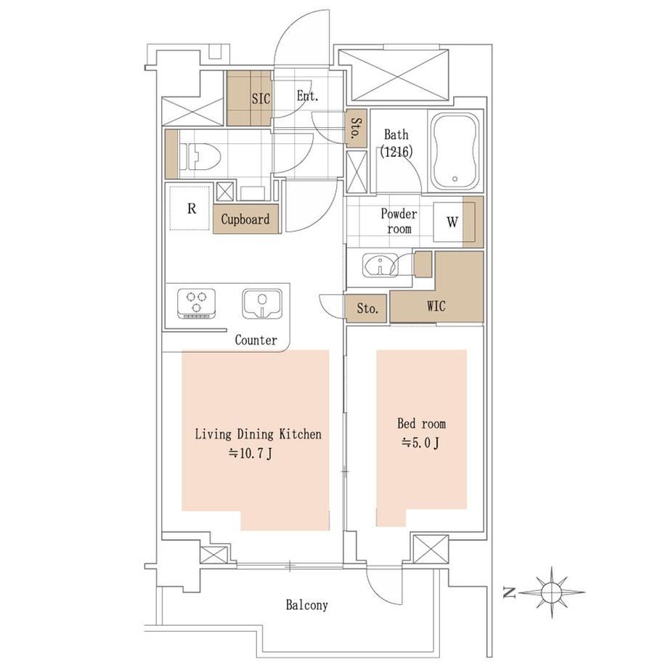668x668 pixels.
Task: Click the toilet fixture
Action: coord(200,156)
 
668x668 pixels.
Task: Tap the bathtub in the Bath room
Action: coord(455,151)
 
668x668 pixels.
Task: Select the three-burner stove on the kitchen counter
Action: coord(196,304)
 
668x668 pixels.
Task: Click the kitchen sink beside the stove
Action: coord(262,304)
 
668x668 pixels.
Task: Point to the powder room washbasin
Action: coord(380,265)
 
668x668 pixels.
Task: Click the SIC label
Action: coord(261,99)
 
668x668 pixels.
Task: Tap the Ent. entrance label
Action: coord(307,96)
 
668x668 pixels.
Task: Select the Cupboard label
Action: coord(245,219)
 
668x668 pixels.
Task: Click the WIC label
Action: coord(436,306)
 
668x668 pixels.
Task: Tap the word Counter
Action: coord(256,340)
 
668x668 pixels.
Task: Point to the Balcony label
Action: coord(306,605)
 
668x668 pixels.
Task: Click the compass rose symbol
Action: coord(551,592)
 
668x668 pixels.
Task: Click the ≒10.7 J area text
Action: coord(250,454)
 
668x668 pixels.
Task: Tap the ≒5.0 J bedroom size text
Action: coord(420,444)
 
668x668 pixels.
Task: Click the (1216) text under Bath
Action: coord(396,151)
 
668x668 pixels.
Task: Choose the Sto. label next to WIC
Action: coord(367,308)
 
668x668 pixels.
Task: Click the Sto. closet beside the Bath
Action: coord(357,129)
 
